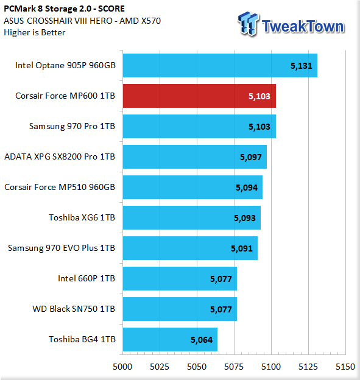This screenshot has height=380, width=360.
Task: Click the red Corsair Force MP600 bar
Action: [199, 96]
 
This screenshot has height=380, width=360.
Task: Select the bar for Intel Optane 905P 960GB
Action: [220, 65]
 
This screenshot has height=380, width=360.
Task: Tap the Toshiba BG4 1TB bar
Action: [170, 340]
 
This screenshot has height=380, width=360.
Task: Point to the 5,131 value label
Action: [302, 66]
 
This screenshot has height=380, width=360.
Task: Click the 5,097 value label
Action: [251, 157]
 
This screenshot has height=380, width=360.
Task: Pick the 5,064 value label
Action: [202, 340]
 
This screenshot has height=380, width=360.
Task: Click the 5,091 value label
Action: [242, 248]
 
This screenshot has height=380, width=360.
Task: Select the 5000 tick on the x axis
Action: [122, 367]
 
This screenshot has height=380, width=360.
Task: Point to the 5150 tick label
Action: [345, 367]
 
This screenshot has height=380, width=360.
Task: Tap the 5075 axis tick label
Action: [234, 367]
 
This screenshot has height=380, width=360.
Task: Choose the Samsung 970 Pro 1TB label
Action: [72, 127]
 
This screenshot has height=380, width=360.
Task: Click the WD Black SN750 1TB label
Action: [74, 309]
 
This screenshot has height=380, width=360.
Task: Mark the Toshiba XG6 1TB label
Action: [82, 217]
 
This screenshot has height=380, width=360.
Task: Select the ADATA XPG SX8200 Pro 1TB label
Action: [60, 157]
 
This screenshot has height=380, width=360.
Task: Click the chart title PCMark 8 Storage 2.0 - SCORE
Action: [64, 9]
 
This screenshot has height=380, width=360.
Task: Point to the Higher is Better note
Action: [35, 32]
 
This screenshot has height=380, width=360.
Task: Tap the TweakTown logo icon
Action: [249, 24]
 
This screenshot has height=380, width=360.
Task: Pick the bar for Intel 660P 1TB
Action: [180, 279]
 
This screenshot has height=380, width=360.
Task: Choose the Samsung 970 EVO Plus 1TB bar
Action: [190, 248]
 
